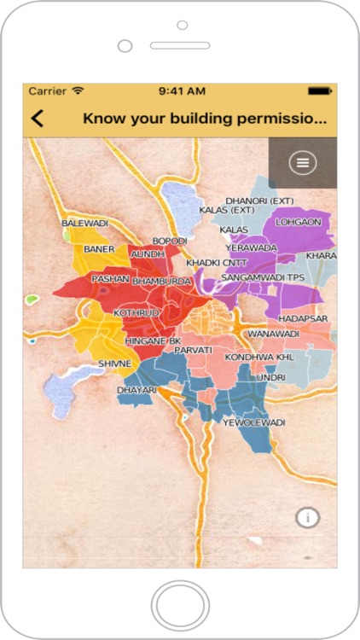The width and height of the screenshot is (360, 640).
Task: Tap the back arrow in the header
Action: [38, 119]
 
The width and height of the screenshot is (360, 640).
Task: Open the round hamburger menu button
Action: [302, 162]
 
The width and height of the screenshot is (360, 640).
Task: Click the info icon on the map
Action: [308, 517]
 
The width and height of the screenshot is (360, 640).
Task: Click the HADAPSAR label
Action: [302, 318]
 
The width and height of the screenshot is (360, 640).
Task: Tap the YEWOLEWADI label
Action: [253, 422]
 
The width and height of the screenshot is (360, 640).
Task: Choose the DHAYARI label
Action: [136, 390]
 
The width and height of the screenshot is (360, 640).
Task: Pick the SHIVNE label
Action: [114, 364]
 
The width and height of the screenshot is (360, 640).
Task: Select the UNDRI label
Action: [271, 376]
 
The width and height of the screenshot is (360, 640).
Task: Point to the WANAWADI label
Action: [273, 334]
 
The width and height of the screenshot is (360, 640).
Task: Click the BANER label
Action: [99, 249]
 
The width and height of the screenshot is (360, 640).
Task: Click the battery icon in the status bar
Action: [319, 90]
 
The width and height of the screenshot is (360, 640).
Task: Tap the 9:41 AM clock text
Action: [183, 90]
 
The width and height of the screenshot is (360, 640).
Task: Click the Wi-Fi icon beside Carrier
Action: [78, 90]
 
